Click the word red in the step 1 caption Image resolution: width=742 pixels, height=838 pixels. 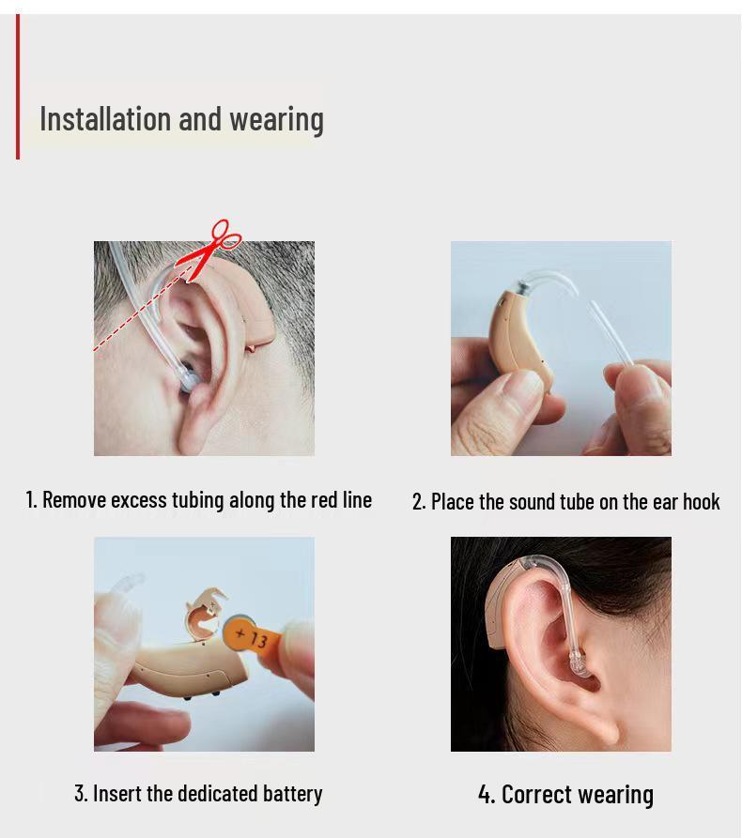(x=325, y=500)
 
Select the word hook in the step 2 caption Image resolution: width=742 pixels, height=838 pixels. (x=701, y=502)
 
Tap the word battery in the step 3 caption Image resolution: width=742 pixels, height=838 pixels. (x=293, y=794)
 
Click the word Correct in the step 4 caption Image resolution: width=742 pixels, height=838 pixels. (x=535, y=795)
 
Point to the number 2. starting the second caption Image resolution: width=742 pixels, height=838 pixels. (x=419, y=502)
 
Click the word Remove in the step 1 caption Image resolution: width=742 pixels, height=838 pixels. (x=74, y=500)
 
